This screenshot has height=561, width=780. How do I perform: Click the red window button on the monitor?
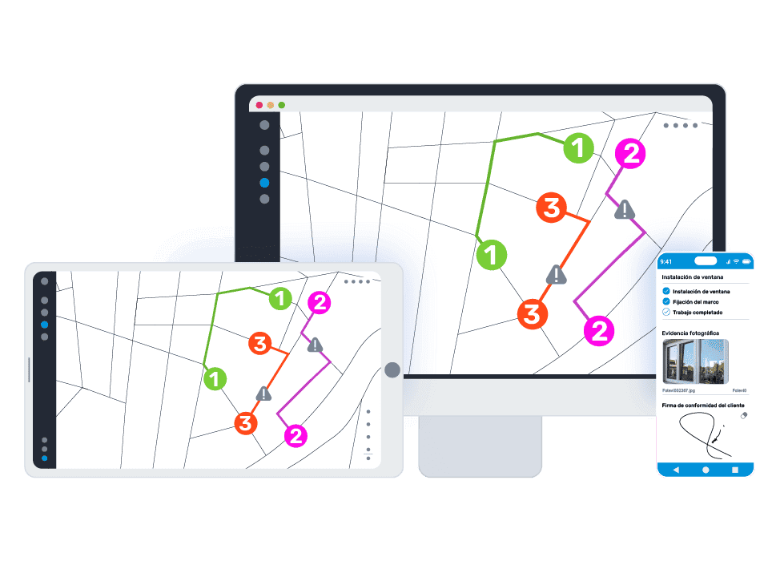pos(259,105)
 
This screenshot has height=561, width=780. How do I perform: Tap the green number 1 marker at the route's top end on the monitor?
pos(578,147)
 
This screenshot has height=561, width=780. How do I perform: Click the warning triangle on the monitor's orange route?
pos(556,275)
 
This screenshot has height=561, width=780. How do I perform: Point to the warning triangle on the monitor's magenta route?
pos(625,210)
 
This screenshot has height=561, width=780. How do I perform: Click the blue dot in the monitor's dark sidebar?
pos(264,183)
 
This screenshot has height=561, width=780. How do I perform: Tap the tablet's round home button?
pos(392,369)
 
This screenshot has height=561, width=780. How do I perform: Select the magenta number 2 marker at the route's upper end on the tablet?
pos(320,303)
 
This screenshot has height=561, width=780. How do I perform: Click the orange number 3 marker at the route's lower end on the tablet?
pos(246,422)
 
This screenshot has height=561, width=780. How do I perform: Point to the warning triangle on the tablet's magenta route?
pos(316,345)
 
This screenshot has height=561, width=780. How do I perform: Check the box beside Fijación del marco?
pos(666,301)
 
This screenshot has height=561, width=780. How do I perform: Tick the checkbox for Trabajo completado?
pos(666,312)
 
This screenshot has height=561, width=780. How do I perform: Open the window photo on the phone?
pos(695,361)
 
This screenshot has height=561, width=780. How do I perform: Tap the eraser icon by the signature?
pos(742,416)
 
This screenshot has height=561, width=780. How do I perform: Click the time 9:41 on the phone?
pos(666,261)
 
